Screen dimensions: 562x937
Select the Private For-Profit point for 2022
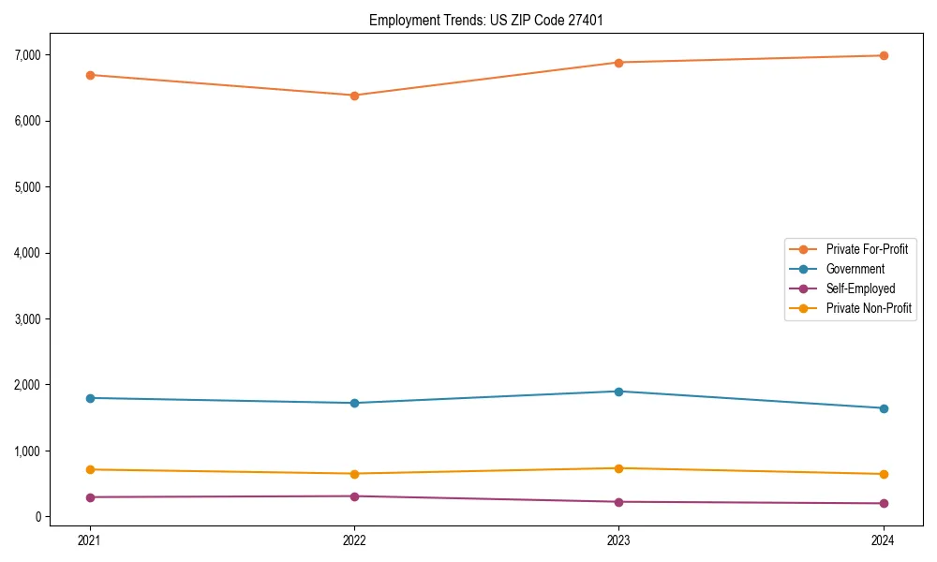pos(354,96)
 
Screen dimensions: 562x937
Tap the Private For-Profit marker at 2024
pos(884,56)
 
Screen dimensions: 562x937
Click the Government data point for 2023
pos(618,392)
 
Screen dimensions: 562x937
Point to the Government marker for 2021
pos(90,398)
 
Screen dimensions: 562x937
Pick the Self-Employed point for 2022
pos(354,496)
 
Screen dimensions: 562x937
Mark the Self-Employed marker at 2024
pos(884,504)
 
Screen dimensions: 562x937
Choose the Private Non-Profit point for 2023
pos(618,468)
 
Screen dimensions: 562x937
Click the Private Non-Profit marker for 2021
pos(90,469)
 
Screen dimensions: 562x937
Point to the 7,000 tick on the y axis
pos(29,55)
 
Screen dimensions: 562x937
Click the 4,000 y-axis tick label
pos(29,253)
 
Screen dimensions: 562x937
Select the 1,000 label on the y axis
pos(29,451)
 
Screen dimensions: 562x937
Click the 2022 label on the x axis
pos(354,540)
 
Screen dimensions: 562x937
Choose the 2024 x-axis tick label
pos(884,540)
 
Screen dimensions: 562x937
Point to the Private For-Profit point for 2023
pos(618,63)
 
